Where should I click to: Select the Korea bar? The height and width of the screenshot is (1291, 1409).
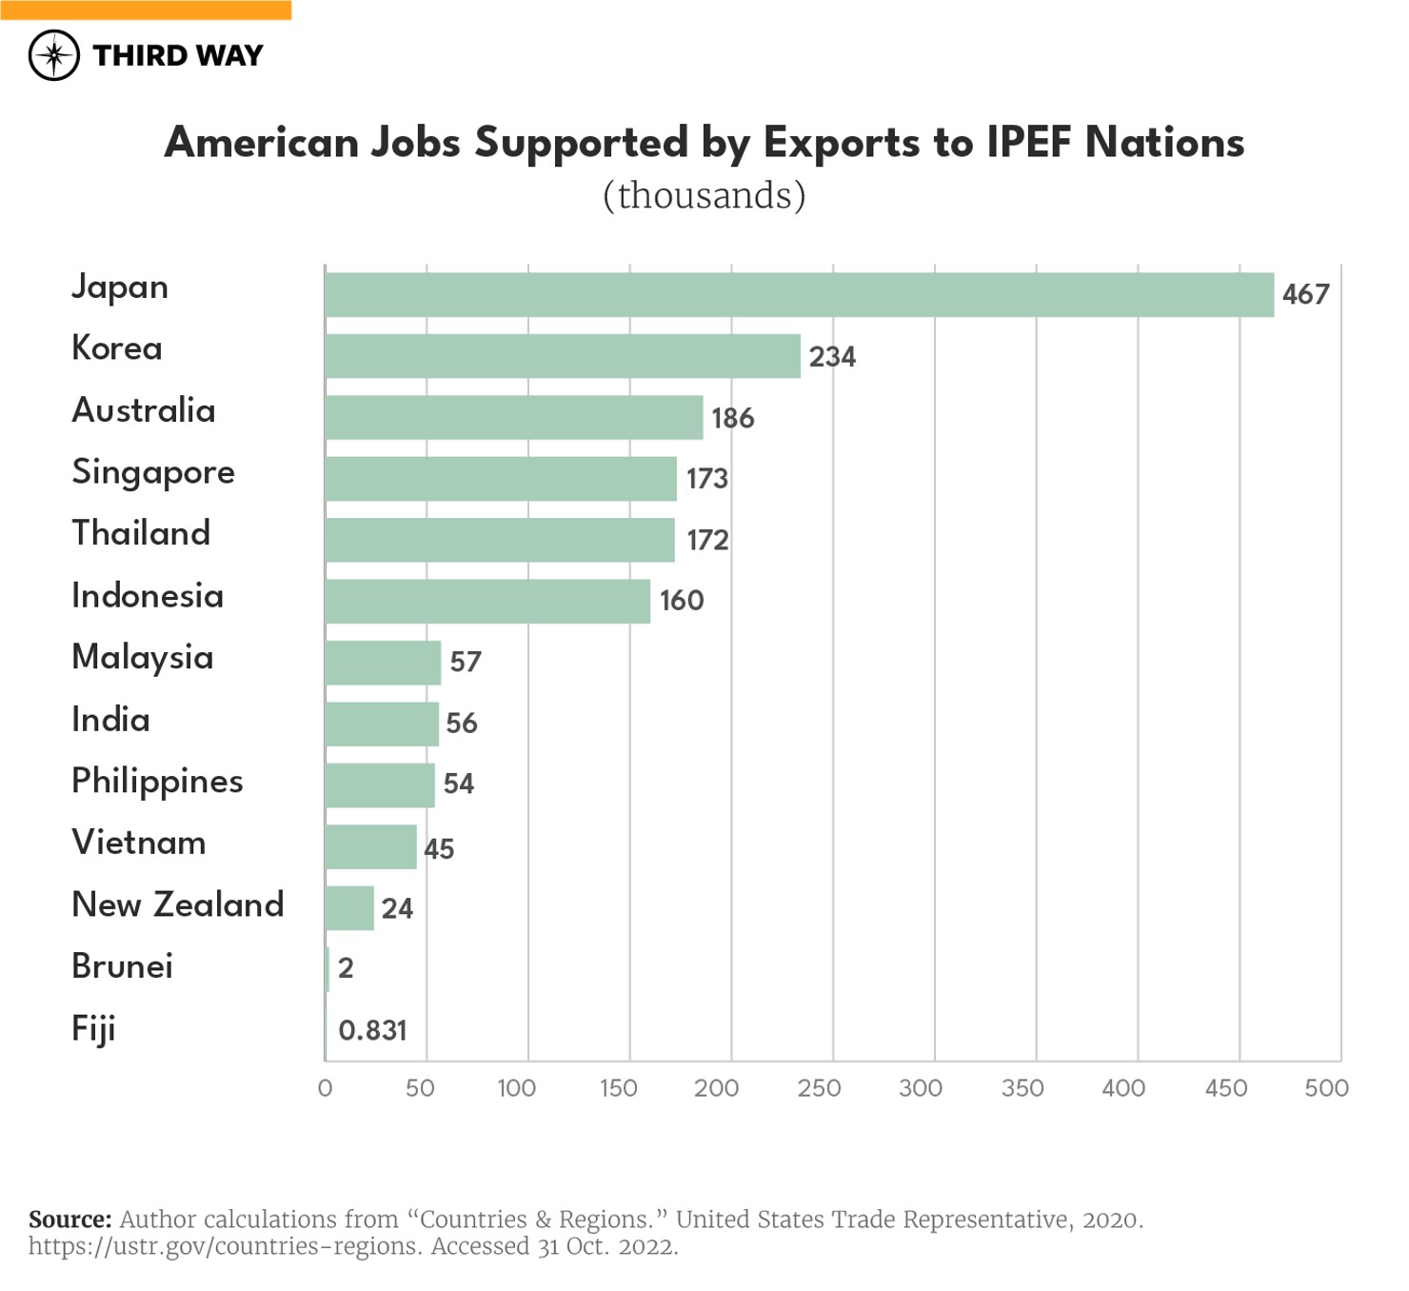(x=562, y=356)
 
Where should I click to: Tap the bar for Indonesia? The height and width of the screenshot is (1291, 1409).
(x=486, y=602)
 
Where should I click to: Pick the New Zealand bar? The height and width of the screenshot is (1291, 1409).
(x=348, y=908)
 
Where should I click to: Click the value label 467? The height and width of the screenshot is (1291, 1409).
(x=1305, y=294)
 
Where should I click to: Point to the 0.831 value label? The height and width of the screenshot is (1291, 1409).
(x=372, y=1030)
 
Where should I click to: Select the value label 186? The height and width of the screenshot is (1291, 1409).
(x=732, y=418)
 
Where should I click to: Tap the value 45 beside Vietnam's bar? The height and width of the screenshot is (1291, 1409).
(x=439, y=848)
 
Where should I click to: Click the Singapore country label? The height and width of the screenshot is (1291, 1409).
(x=153, y=473)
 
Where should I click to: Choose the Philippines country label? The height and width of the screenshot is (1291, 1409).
(x=157, y=782)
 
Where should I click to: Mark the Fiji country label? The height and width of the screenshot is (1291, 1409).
(x=93, y=1029)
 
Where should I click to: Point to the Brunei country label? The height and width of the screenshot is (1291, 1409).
(x=122, y=966)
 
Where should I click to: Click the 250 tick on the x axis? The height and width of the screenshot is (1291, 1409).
(x=819, y=1088)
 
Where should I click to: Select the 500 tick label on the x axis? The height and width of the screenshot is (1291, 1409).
(x=1326, y=1088)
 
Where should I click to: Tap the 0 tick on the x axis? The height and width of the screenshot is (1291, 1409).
(x=325, y=1088)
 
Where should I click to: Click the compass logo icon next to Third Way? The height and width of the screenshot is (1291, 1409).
(x=53, y=55)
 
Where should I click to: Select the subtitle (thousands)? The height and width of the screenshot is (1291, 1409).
(x=704, y=195)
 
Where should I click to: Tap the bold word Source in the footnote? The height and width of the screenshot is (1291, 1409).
(x=69, y=1220)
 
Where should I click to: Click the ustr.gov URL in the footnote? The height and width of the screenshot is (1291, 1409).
(x=224, y=1246)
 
